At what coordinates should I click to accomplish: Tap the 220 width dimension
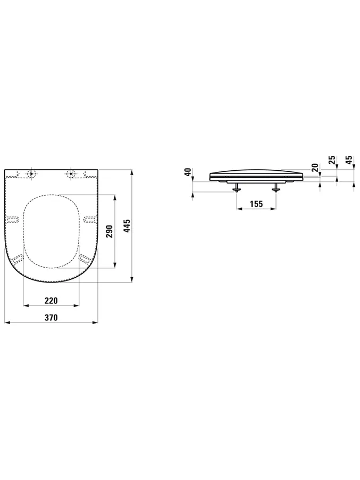click(51, 301)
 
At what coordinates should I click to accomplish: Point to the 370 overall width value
click(51, 318)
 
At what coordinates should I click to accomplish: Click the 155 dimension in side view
click(256, 204)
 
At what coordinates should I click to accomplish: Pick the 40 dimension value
click(188, 171)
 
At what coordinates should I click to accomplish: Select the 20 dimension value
click(315, 168)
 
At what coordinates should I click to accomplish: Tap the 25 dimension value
click(333, 160)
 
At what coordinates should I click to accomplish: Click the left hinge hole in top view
click(31, 174)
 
